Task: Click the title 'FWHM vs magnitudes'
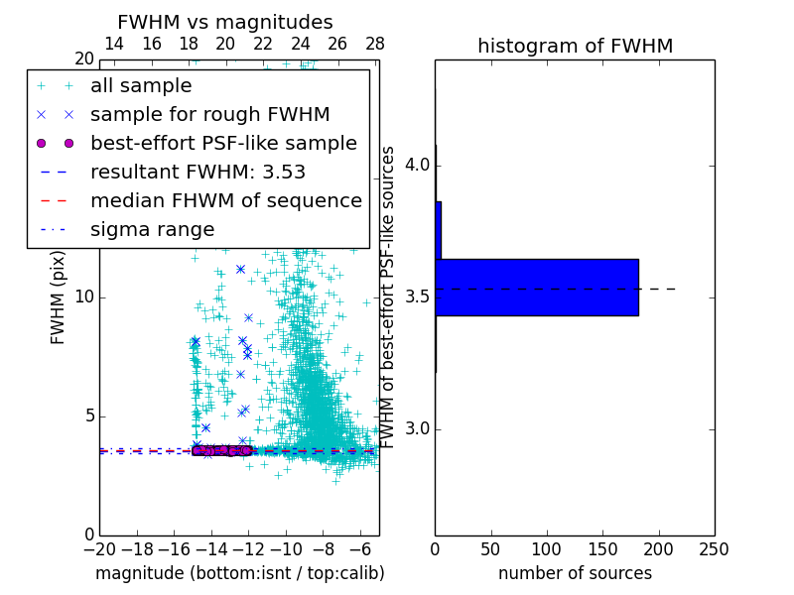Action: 225,22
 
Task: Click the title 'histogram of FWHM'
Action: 575,46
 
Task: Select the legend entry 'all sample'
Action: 141,86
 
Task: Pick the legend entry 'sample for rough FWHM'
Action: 209,114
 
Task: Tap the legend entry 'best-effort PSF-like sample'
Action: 223,143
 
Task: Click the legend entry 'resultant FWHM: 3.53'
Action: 198,172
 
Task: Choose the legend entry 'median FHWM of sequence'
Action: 226,200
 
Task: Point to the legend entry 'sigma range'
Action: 152,229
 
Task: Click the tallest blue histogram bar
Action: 537,288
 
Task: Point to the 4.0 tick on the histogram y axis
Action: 417,164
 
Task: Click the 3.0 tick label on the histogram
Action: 417,428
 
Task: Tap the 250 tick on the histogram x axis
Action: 714,549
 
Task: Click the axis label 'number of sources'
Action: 575,573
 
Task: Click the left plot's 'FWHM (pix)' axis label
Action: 59,297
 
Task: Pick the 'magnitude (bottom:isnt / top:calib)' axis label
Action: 239,573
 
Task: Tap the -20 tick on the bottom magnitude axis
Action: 99,549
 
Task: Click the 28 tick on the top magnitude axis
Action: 375,44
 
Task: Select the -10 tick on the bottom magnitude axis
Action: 286,549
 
